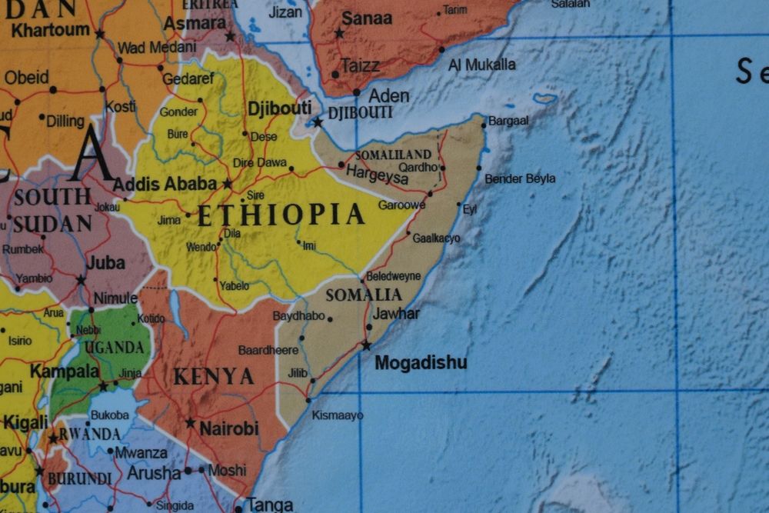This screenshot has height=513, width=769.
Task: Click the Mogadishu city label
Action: pyautogui.click(x=421, y=363)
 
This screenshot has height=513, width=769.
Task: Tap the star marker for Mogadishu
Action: pyautogui.click(x=366, y=345)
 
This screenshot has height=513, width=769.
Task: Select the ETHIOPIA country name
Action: pyautogui.click(x=281, y=215)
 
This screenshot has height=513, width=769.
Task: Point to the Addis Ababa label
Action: pyautogui.click(x=165, y=185)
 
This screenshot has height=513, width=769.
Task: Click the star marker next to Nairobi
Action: pyautogui.click(x=190, y=422)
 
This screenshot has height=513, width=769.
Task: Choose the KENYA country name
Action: pyautogui.click(x=214, y=377)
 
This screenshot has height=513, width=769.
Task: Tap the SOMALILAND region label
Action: pyautogui.click(x=393, y=155)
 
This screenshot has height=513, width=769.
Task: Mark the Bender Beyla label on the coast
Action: pyautogui.click(x=520, y=179)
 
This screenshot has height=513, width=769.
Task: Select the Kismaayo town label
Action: pyautogui.click(x=338, y=415)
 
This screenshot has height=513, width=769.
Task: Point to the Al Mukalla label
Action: pyautogui.click(x=482, y=65)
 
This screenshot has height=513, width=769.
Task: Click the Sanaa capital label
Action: pyautogui.click(x=367, y=18)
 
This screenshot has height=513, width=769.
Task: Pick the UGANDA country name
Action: pyautogui.click(x=114, y=348)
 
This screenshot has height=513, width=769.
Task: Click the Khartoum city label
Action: pyautogui.click(x=51, y=31)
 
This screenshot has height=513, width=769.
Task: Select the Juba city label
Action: pyautogui.click(x=105, y=263)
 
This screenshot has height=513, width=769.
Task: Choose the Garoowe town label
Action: pyautogui.click(x=401, y=205)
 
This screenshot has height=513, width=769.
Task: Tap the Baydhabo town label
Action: pyautogui.click(x=298, y=316)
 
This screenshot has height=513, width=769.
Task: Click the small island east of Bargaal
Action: pyautogui.click(x=544, y=98)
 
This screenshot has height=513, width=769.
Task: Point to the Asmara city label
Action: pyautogui.click(x=195, y=23)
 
